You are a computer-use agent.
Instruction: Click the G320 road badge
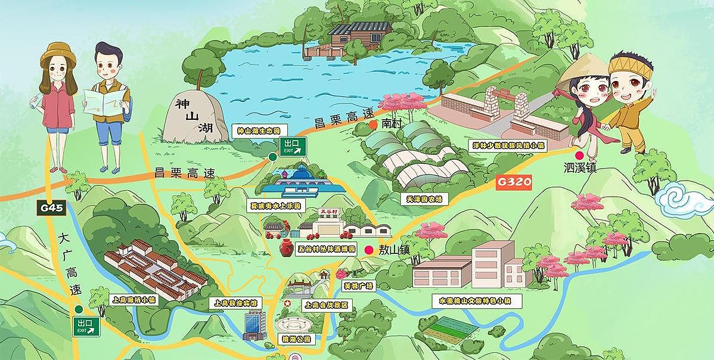[513, 182]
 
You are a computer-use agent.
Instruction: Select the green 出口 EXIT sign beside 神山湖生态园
[293, 146]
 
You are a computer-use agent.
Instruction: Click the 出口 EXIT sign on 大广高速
[86, 327]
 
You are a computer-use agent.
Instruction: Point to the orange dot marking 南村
[372, 125]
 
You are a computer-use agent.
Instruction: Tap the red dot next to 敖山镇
[370, 250]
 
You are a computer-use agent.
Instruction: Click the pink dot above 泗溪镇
[579, 156]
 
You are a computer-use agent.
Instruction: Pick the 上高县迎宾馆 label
[236, 303]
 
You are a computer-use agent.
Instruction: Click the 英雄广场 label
[358, 286]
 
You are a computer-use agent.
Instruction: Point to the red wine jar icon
[285, 247]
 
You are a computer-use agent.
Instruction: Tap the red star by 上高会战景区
[287, 305]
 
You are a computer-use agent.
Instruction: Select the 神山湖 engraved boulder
[190, 117]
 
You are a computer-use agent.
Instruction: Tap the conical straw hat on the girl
[585, 69]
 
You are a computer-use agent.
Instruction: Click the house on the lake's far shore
[360, 36]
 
